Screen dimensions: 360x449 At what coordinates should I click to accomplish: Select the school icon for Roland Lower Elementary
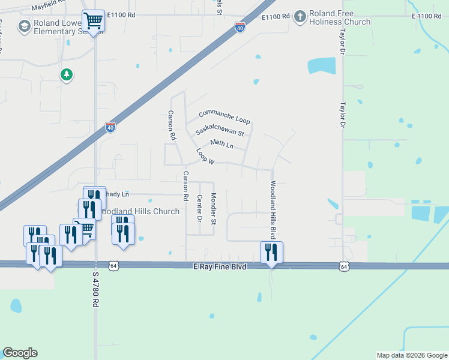[x=25, y=26]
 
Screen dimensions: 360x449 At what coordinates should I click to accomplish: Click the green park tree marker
[x=66, y=75]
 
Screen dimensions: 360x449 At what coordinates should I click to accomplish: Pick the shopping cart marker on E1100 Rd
[x=94, y=21]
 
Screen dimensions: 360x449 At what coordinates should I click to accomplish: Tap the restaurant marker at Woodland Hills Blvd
[x=271, y=253]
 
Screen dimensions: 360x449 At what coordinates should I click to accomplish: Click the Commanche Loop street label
[x=224, y=116]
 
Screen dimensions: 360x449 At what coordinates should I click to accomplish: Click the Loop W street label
[x=205, y=157]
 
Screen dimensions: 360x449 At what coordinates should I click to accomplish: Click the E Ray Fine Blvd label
[x=220, y=266]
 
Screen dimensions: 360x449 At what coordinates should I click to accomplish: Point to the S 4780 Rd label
[x=95, y=289]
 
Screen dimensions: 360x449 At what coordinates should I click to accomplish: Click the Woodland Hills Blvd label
[x=273, y=208]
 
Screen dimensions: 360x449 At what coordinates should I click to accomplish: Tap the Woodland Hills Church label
[x=139, y=212]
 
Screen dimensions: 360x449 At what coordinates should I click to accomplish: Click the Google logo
[x=20, y=353]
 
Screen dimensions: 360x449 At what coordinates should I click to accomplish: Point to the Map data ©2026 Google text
[x=412, y=355]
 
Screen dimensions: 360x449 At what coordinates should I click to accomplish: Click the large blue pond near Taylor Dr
[x=321, y=65]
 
